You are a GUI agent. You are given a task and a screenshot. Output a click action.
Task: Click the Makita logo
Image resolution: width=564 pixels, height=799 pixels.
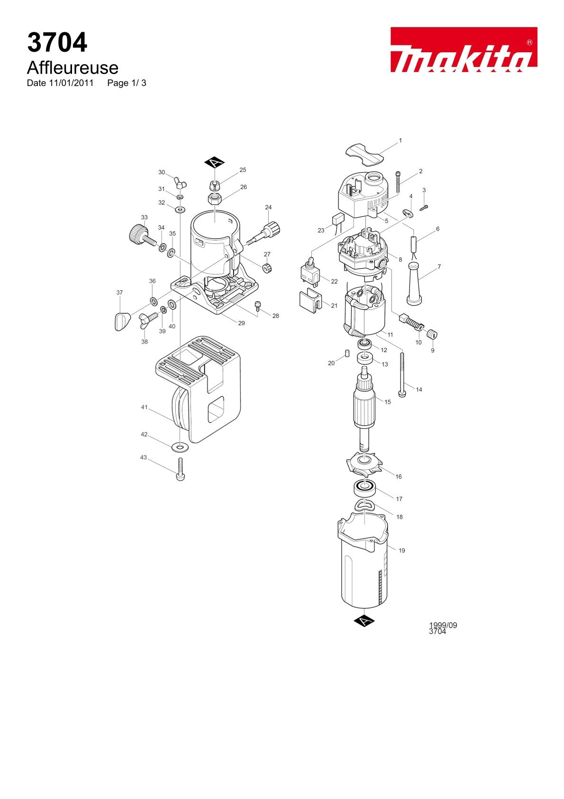tap(464, 49)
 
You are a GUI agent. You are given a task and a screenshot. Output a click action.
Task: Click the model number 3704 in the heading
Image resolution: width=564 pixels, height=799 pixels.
tap(57, 42)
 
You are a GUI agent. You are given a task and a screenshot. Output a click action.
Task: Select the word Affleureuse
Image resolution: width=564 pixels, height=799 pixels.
tap(73, 67)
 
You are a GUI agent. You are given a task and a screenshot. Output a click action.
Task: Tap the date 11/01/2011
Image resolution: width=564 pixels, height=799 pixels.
tap(71, 83)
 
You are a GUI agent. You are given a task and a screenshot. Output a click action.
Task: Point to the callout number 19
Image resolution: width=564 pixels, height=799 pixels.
tap(402, 550)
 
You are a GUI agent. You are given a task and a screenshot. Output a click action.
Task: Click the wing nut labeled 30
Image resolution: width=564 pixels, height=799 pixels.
tap(182, 182)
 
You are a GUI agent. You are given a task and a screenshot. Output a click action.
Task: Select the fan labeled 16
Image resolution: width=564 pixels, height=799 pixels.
tap(364, 465)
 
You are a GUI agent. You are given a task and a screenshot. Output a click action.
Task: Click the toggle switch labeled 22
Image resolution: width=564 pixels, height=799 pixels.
tap(310, 271)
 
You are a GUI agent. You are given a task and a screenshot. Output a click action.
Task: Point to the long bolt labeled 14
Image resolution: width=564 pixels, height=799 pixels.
tap(402, 374)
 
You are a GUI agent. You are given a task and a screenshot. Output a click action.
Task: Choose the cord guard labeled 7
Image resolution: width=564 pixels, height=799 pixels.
tap(415, 284)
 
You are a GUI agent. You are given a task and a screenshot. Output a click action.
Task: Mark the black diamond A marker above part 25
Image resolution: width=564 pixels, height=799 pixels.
tap(215, 163)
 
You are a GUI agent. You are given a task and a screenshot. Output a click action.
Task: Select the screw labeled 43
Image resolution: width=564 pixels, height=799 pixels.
tap(181, 469)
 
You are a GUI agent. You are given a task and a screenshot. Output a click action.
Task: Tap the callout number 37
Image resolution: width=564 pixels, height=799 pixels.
tap(120, 292)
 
